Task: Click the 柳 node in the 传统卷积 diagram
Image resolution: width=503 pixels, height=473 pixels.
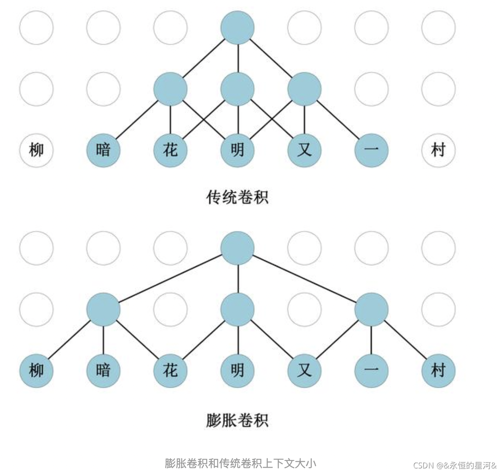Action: click(36, 150)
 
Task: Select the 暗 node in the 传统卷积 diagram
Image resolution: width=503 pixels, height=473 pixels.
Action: click(103, 150)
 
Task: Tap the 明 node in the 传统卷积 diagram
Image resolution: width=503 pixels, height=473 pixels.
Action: click(237, 150)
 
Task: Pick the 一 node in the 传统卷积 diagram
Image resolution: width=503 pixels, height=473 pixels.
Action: click(371, 150)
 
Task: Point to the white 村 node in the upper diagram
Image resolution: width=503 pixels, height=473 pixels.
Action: click(438, 150)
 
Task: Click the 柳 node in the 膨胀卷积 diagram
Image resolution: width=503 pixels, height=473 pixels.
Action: click(36, 371)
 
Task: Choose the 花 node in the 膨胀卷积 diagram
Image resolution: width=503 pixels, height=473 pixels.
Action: click(170, 371)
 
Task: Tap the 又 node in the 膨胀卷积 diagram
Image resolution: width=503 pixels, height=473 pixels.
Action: click(304, 371)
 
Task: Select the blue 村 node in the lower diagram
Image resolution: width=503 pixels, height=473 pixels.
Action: click(438, 371)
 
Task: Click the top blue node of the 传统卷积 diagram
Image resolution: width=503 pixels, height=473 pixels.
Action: click(237, 27)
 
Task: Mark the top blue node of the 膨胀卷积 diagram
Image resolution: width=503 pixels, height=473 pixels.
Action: click(237, 248)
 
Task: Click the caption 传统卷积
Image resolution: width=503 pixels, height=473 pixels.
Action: click(237, 197)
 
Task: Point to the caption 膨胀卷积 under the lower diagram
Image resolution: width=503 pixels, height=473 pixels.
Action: click(237, 420)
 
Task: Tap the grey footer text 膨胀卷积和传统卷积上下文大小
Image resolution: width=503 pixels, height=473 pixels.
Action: click(240, 463)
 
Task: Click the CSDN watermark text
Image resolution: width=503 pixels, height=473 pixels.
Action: click(455, 465)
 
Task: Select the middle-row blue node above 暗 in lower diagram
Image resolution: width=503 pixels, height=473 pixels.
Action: click(103, 309)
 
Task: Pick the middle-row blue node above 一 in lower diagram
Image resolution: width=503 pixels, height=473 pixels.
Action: click(371, 309)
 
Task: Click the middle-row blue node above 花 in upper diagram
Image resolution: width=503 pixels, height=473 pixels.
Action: click(170, 89)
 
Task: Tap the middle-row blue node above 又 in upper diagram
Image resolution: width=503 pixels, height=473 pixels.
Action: click(304, 89)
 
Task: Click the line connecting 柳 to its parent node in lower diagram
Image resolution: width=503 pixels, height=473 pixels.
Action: click(70, 340)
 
